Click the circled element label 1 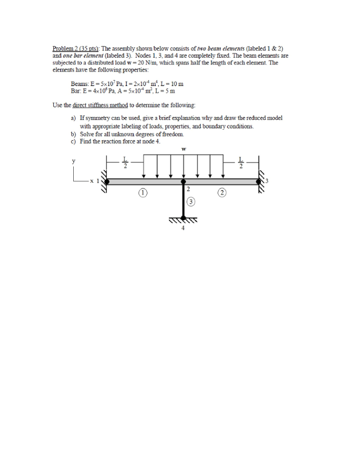pos(143,192)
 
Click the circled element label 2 pos(222,192)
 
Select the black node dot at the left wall pos(107,181)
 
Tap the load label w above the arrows pos(183,148)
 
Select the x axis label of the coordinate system pos(91,181)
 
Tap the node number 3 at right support pos(267,181)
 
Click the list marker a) pos(73,117)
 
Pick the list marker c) pos(73,141)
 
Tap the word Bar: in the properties pos(76,90)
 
